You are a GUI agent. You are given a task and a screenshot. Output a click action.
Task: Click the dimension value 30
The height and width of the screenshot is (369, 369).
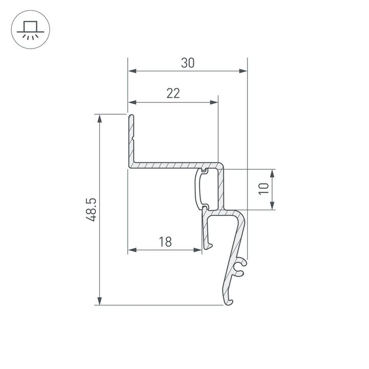tap(188, 63)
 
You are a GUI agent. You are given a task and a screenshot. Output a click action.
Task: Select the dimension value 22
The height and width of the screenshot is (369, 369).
tap(173, 93)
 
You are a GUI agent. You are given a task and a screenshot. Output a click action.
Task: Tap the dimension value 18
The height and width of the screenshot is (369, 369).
tap(165, 241)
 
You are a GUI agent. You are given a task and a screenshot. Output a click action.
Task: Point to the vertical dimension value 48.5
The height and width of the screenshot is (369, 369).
tap(91, 210)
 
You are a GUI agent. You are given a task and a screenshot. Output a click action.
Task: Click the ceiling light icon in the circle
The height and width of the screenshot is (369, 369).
tap(29, 29)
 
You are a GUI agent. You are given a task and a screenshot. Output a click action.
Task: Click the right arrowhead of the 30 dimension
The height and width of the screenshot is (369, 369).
tap(243, 72)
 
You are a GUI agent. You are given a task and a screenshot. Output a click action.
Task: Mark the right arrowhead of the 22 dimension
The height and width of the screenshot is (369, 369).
tap(214, 102)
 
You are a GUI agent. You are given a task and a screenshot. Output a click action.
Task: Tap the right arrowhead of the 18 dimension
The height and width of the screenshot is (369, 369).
tap(198, 250)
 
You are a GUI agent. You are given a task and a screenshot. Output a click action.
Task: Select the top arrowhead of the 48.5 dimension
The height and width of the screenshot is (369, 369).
tap(100, 118)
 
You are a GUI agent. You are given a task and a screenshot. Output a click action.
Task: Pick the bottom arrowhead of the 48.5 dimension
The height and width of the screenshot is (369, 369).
tap(100, 301)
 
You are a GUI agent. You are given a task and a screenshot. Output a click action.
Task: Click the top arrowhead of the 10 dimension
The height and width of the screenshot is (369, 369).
tap(272, 172)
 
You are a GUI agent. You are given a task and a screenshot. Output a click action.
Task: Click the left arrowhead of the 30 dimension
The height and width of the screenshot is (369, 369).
tap(132, 72)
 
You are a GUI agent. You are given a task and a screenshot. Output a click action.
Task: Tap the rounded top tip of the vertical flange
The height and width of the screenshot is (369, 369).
tap(131, 117)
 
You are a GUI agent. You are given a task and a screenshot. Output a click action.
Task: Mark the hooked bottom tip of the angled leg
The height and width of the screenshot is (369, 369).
tap(229, 301)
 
